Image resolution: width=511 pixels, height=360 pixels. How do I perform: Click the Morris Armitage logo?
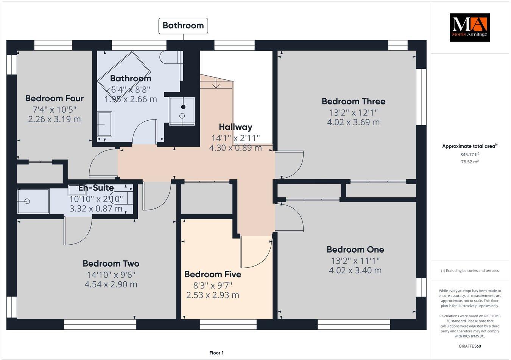click(469, 28)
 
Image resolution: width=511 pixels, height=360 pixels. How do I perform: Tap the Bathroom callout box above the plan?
click(183, 25)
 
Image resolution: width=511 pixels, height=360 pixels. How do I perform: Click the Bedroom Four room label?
click(54, 98)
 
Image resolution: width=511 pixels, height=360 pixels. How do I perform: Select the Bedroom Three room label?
click(353, 101)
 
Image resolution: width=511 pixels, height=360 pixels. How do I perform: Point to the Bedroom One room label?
click(355, 250)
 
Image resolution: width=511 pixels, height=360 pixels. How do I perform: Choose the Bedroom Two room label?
click(111, 264)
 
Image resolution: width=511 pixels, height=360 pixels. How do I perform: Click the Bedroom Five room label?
click(212, 274)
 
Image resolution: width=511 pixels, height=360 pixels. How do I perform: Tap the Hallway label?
click(235, 127)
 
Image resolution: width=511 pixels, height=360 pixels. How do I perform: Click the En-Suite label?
click(96, 188)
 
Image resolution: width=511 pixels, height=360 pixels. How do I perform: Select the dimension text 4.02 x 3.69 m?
click(353, 122)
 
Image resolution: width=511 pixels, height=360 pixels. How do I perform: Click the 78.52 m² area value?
click(469, 162)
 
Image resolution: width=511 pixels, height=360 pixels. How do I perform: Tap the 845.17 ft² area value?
click(469, 155)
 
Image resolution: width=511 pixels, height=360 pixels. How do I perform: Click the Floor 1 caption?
click(217, 353)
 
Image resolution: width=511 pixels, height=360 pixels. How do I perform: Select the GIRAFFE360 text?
click(469, 346)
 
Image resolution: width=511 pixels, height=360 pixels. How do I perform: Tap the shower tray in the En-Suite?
click(33, 202)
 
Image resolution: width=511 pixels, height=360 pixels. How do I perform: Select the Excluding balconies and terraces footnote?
click(469, 271)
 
